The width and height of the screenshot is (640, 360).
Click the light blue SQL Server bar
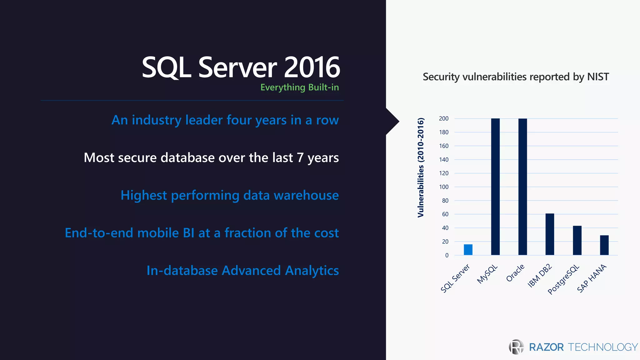(x=468, y=250)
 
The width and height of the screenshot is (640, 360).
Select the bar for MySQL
(x=495, y=187)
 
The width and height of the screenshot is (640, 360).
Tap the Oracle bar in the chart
(x=522, y=187)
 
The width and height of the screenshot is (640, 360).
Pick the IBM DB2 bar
(x=550, y=234)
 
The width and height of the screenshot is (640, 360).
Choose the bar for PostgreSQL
(x=577, y=240)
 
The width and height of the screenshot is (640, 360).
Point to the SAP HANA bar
(x=604, y=245)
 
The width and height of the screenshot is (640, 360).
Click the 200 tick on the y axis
(x=443, y=119)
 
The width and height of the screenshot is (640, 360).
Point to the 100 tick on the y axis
(x=443, y=187)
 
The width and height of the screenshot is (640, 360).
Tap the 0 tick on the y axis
(x=447, y=255)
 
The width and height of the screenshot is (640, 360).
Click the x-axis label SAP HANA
(x=592, y=278)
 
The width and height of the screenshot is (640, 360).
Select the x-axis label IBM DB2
(x=540, y=276)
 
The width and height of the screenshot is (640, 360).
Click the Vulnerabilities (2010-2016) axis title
(x=421, y=167)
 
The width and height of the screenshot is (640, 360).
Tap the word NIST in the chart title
(x=598, y=77)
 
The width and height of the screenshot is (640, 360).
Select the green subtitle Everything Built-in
(x=299, y=87)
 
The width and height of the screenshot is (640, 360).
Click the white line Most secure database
(x=211, y=158)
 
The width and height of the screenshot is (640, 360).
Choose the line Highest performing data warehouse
(x=230, y=195)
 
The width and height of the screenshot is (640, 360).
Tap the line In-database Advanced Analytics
(x=242, y=271)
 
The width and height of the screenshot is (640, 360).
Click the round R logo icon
(x=516, y=347)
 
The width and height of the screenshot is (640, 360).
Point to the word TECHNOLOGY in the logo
(x=602, y=347)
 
